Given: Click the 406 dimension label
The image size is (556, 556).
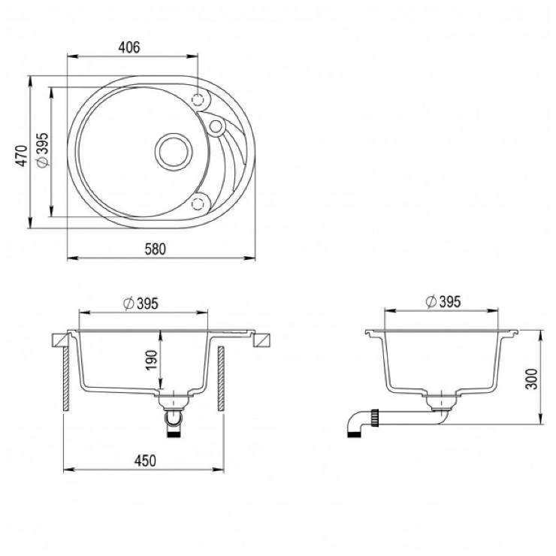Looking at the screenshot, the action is tap(129, 47).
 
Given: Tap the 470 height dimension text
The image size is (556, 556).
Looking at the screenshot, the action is tap(23, 156).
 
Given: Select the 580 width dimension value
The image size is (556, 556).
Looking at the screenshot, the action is tap(156, 249).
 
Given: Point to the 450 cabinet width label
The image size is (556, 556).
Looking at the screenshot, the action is tap(145, 461).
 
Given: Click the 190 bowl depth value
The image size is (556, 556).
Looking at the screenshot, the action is tap(152, 360).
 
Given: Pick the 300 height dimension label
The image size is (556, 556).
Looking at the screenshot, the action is tap(532, 379).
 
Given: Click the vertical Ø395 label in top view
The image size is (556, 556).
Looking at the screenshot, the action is tap(44, 150).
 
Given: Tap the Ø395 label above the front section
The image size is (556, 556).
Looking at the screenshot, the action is tap(141, 304).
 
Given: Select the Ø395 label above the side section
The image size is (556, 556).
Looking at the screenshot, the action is tap(443, 302).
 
